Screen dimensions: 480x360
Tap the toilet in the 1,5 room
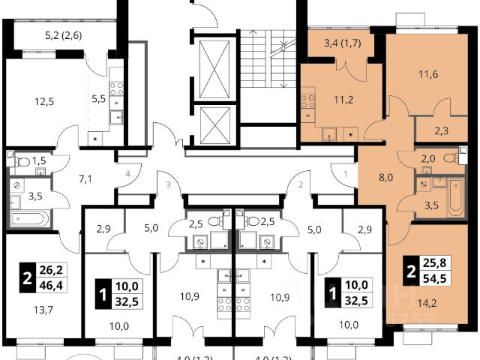click(23, 160)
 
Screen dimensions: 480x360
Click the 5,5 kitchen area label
click(97, 97)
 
